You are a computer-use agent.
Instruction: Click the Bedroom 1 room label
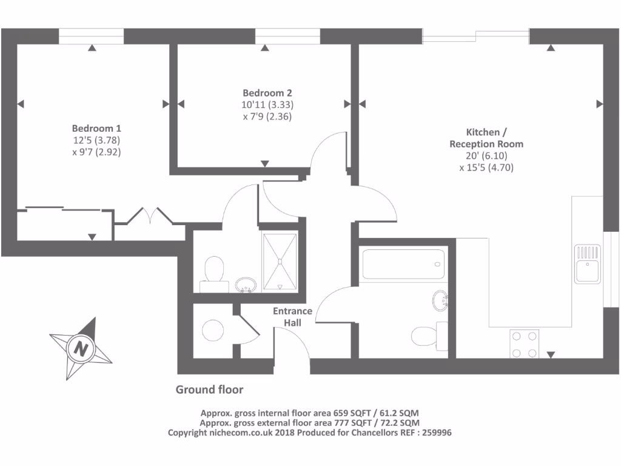pyautogui.click(x=97, y=129)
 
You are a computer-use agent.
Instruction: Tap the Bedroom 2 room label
pyautogui.click(x=267, y=93)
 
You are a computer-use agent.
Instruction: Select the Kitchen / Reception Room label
pyautogui.click(x=486, y=138)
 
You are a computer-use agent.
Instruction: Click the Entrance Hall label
pyautogui.click(x=292, y=317)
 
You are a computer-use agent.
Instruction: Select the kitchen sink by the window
pyautogui.click(x=588, y=263)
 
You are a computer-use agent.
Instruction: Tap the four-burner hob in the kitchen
pyautogui.click(x=525, y=343)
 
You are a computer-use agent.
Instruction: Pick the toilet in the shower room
pyautogui.click(x=213, y=270)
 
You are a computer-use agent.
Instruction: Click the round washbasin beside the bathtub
pyautogui.click(x=441, y=300)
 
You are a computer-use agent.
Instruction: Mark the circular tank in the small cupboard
pyautogui.click(x=213, y=330)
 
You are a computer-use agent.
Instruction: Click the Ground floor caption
pyautogui.click(x=209, y=390)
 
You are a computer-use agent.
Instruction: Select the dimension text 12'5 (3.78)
pyautogui.click(x=96, y=141)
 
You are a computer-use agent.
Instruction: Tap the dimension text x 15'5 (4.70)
pyautogui.click(x=486, y=168)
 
